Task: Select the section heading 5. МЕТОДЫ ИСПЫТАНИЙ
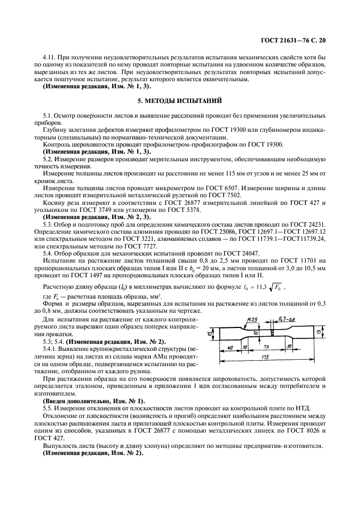tap(179, 101)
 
